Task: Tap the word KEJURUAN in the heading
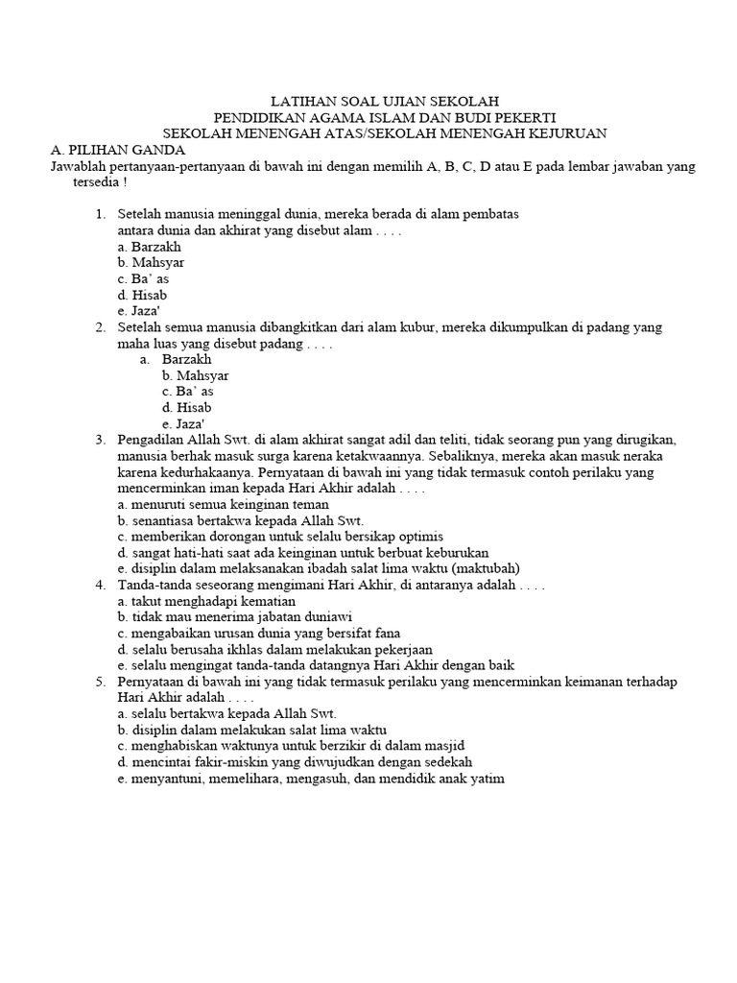[x=560, y=132]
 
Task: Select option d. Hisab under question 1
[x=142, y=295]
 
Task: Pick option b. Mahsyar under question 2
[x=196, y=375]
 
